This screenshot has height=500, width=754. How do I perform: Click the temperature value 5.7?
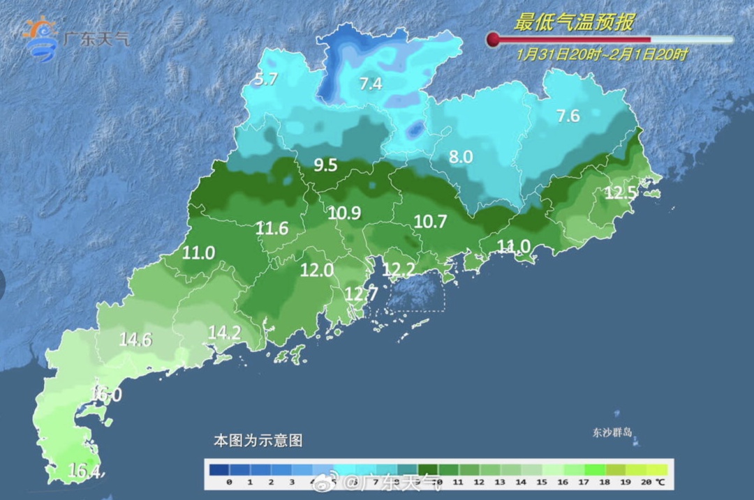pyautogui.click(x=267, y=79)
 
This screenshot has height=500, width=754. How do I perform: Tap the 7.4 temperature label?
pyautogui.click(x=371, y=84)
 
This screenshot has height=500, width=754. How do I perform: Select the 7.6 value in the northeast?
pyautogui.click(x=568, y=116)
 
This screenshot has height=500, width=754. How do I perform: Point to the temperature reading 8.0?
pyautogui.click(x=461, y=157)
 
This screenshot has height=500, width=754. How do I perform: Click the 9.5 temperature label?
pyautogui.click(x=325, y=165)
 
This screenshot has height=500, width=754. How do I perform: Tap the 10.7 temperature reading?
pyautogui.click(x=430, y=221)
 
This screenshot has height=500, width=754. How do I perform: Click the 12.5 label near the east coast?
pyautogui.click(x=621, y=193)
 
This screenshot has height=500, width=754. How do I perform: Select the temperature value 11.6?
pyautogui.click(x=272, y=227)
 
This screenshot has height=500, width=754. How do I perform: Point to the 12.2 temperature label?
pyautogui.click(x=399, y=269)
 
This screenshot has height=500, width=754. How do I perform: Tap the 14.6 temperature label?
pyautogui.click(x=135, y=340)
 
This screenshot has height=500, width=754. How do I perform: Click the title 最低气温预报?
pyautogui.click(x=574, y=22)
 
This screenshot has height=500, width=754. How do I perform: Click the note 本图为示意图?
pyautogui.click(x=258, y=441)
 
